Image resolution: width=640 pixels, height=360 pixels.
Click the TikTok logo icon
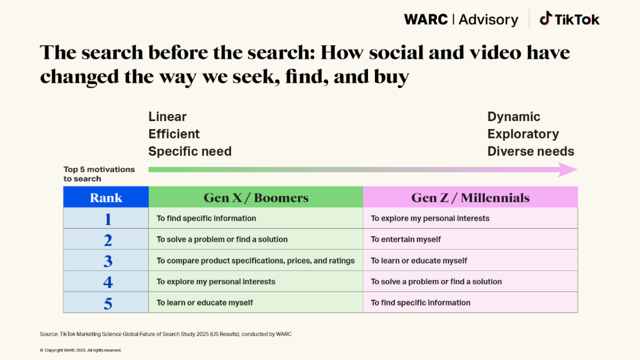click(x=545, y=19)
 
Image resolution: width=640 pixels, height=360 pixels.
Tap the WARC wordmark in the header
click(x=426, y=20)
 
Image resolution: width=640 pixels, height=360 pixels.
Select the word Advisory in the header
click(x=488, y=20)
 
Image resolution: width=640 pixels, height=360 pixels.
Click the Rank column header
click(x=106, y=198)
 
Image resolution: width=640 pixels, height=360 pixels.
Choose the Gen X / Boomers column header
click(x=256, y=198)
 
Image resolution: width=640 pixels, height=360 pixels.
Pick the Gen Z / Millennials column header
click(x=470, y=198)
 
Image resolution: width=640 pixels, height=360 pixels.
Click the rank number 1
click(x=108, y=219)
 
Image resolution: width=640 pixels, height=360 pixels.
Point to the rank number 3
click(x=108, y=261)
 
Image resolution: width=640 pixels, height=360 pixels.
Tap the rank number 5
click(x=108, y=303)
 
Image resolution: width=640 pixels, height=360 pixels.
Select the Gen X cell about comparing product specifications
click(x=255, y=261)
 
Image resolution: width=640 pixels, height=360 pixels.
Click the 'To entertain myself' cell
click(x=406, y=239)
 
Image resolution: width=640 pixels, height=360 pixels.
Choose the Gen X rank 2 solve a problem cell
click(x=222, y=239)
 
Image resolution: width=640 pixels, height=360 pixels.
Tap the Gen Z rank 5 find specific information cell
click(x=420, y=302)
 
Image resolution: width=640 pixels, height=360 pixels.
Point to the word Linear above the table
click(x=167, y=117)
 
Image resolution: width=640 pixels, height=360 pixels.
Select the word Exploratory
click(x=523, y=134)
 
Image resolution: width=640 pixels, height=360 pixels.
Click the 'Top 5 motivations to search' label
click(x=99, y=174)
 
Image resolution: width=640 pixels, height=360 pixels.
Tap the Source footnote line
click(x=165, y=334)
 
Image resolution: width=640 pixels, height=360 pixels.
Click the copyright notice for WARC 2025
click(x=81, y=350)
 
